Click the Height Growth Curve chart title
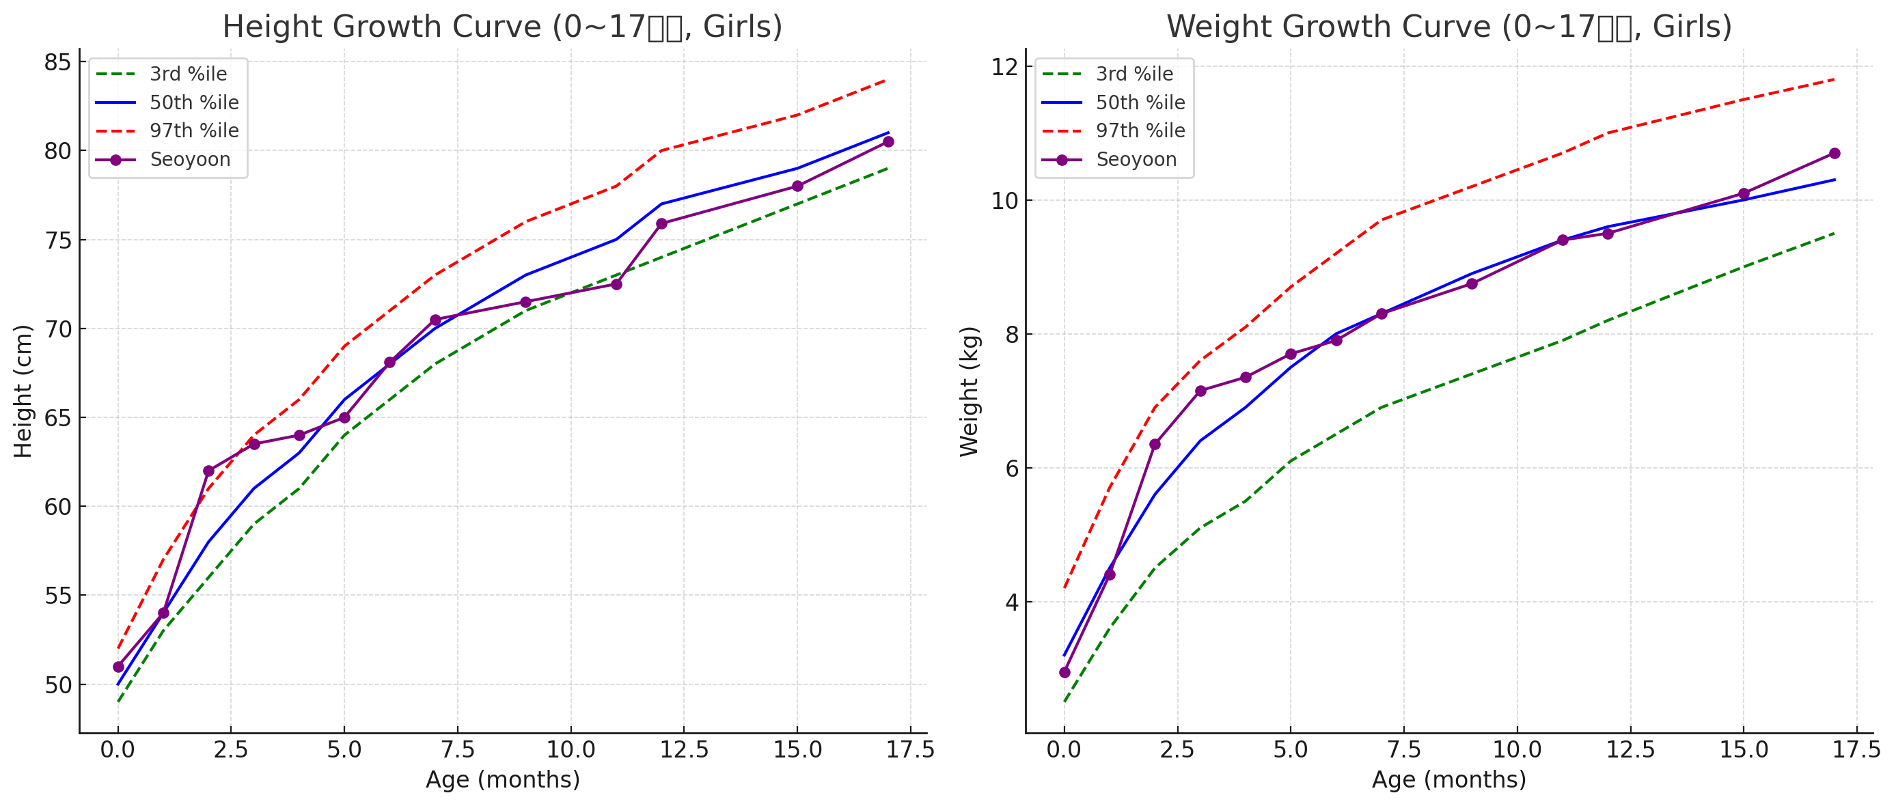[502, 27]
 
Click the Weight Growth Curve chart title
[1448, 27]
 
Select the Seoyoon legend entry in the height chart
[190, 160]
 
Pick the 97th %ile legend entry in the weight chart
[1140, 131]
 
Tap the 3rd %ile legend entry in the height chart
[189, 74]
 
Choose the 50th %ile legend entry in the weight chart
[1140, 103]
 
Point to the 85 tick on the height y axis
[57, 63]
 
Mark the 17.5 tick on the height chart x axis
[911, 750]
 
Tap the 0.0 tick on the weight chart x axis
[1064, 750]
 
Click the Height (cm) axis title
[23, 391]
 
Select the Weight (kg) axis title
[970, 391]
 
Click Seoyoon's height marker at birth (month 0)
[118, 667]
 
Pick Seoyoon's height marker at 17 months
[888, 141]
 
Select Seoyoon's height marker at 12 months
[661, 224]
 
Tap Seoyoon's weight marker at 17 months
[1835, 153]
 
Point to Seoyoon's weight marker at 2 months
[1155, 445]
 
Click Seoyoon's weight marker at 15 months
[1744, 193]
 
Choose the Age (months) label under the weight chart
[1448, 779]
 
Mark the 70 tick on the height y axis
[57, 329]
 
